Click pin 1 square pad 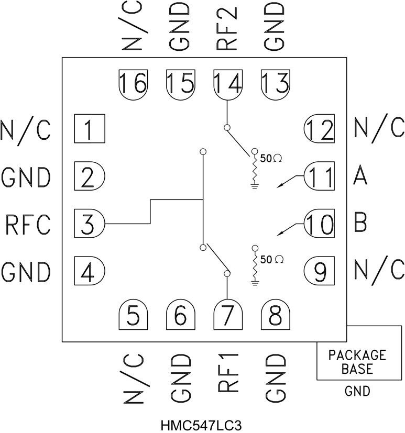click(89, 129)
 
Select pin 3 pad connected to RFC click(90, 224)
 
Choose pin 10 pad click(320, 224)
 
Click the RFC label click(27, 225)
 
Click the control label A click(360, 177)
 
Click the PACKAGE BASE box click(357, 362)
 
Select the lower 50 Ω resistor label click(272, 259)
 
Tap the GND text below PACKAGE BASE click(357, 391)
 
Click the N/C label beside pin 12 click(379, 128)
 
